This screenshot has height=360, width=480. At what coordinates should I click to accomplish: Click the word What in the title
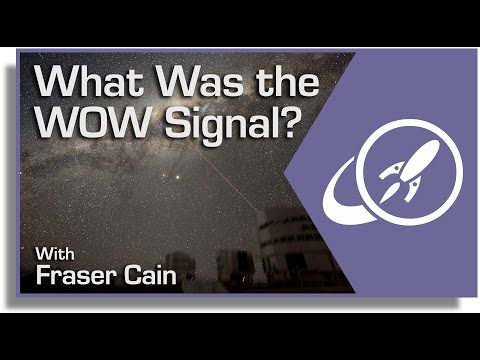pyautogui.click(x=89, y=82)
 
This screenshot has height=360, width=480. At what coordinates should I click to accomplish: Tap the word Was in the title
pyautogui.click(x=200, y=82)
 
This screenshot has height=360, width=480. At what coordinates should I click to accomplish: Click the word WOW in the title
pyautogui.click(x=91, y=122)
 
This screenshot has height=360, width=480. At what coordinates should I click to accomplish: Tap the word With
pyautogui.click(x=55, y=254)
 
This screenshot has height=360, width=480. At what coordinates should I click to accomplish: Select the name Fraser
pyautogui.click(x=76, y=275)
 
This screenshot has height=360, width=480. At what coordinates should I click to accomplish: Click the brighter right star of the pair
pyautogui.click(x=178, y=177)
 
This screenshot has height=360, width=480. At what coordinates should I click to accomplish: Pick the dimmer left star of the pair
pyautogui.click(x=164, y=176)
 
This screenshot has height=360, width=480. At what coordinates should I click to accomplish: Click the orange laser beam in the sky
pyautogui.click(x=230, y=182)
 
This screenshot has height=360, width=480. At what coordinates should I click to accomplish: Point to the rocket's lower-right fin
pyautogui.click(x=413, y=191)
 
